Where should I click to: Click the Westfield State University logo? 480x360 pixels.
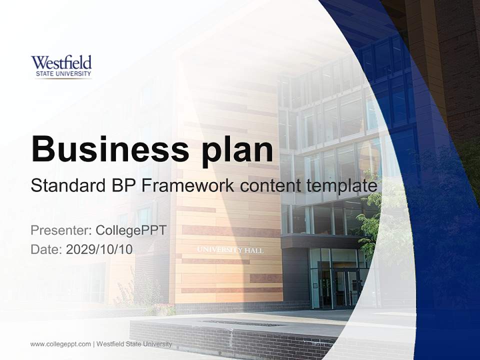click(61, 66)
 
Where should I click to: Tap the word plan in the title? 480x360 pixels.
click(237, 152)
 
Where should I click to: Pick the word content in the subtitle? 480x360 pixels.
click(270, 186)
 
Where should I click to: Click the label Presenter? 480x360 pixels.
click(61, 230)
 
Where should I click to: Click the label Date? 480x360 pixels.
click(46, 249)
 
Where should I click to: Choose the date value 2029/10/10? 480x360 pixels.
click(99, 249)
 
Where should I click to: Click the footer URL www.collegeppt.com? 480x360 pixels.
click(60, 344)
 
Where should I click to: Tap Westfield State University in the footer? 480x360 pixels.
click(134, 344)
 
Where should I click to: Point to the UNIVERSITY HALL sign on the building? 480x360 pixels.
click(230, 250)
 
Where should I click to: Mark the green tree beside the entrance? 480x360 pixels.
click(369, 220)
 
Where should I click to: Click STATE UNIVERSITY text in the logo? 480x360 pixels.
click(63, 73)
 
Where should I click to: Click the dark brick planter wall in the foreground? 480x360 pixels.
click(232, 338)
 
